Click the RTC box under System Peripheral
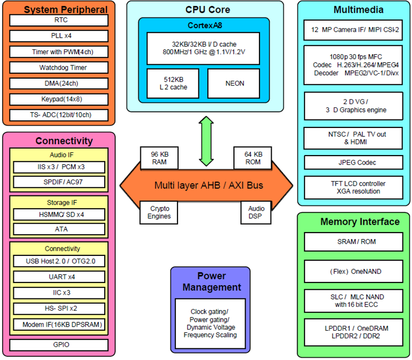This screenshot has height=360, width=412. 59,20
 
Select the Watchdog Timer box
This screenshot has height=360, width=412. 59,67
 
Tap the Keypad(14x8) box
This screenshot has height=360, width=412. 59,99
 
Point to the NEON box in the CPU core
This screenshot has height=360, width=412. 234,83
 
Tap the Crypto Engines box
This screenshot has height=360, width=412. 159,212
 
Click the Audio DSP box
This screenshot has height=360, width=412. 256,212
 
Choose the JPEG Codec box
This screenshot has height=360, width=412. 352,162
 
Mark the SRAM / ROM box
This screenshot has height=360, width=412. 353,242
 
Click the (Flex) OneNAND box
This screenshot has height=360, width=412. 353,271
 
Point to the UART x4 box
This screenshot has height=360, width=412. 59,277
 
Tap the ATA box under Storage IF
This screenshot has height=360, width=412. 59,229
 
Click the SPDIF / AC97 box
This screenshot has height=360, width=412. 59,182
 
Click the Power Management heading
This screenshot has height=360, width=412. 211,281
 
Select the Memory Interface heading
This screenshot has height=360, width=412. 353,221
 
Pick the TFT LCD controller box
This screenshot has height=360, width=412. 353,187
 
